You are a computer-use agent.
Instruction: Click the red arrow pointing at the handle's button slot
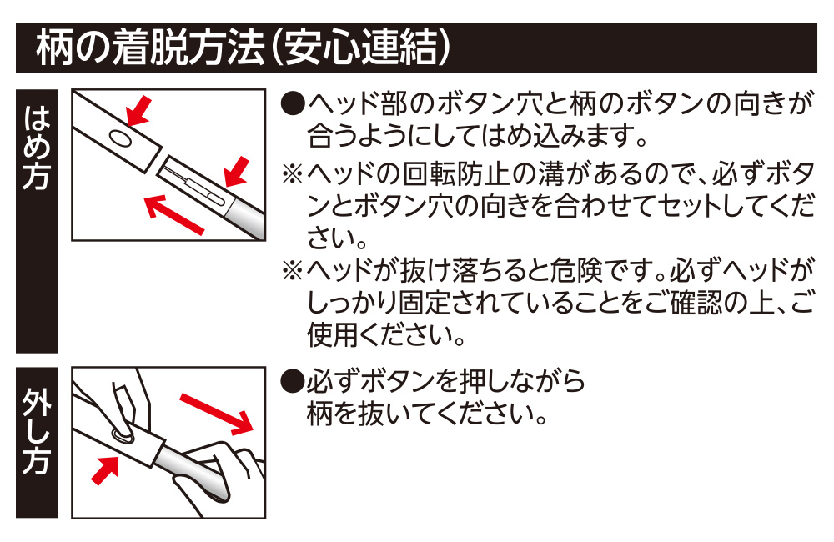(x=236, y=170)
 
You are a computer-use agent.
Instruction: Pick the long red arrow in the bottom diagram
(x=216, y=409)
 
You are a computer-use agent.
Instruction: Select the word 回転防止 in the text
(x=455, y=174)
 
